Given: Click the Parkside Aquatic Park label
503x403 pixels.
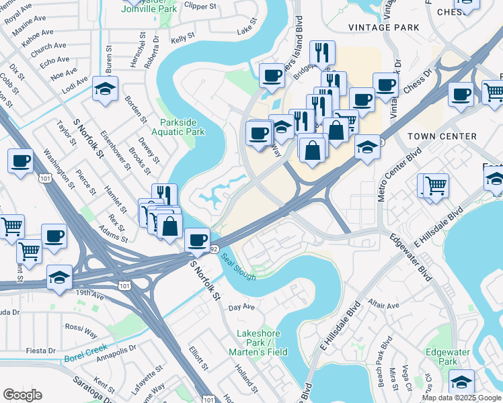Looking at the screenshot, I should tap(182, 127).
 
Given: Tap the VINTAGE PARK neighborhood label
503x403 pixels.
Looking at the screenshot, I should tap(383, 28).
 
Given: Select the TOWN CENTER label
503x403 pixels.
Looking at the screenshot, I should tap(442, 136).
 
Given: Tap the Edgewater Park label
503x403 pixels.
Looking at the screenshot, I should tap(442, 356).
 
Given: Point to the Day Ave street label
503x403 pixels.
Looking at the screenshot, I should tap(241, 308).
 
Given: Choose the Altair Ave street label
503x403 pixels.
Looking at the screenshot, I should tap(384, 304).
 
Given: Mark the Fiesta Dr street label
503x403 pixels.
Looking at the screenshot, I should tap(42, 351).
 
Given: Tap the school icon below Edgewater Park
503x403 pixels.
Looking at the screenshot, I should tap(461, 381).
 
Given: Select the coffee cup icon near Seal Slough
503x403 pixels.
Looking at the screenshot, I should tap(197, 239).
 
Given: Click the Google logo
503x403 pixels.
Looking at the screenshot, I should tap(22, 395).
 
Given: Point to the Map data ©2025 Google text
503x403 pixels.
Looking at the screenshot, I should tap(461, 398).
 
